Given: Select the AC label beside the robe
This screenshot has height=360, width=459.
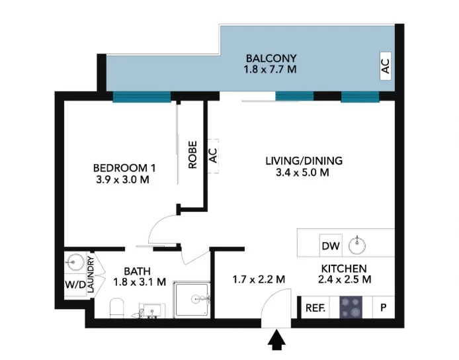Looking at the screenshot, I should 213,156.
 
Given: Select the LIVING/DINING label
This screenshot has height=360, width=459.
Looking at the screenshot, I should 296,161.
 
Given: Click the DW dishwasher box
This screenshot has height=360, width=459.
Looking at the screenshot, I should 330,246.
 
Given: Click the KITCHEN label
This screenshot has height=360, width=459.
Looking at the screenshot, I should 343,268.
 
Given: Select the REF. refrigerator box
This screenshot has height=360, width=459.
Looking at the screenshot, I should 315,308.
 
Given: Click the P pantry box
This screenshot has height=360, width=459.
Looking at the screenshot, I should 382,308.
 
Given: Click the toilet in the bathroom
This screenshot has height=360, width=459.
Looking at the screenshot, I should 117,308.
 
